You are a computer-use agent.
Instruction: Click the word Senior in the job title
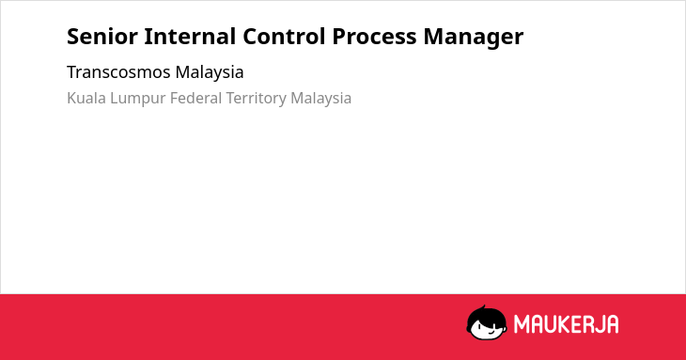(101, 37)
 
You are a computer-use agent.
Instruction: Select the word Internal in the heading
(190, 37)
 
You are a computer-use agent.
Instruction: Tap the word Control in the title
(284, 37)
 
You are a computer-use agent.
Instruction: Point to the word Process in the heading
(374, 37)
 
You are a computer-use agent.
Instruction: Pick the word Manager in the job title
(473, 38)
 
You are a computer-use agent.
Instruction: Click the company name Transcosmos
(117, 72)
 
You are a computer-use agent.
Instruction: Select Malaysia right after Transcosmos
(210, 72)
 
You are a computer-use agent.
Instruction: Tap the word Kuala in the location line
(86, 98)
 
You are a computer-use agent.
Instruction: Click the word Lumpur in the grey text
(138, 99)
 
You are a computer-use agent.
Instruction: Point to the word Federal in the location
(195, 98)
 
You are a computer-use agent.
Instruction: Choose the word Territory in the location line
(256, 99)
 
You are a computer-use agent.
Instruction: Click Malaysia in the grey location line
(320, 99)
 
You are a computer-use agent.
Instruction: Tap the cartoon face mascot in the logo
(487, 323)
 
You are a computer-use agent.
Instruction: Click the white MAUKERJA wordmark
(566, 324)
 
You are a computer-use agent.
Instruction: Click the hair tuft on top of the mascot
(483, 308)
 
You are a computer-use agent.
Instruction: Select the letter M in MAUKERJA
(521, 324)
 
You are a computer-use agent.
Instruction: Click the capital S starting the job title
(72, 37)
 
